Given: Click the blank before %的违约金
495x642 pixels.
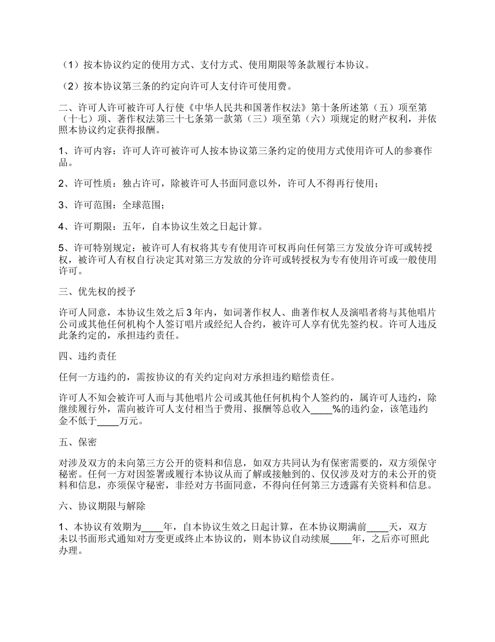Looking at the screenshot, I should tap(321, 410).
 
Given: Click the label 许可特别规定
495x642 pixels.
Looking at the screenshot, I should tap(103, 248).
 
